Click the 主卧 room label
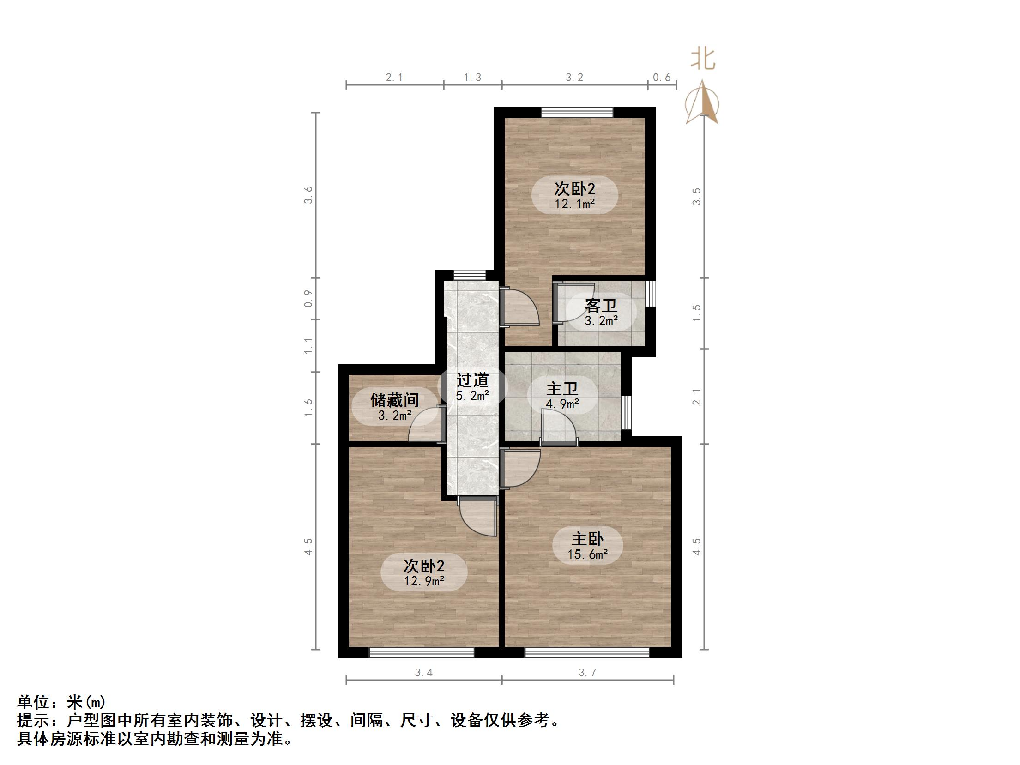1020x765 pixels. click(x=587, y=538)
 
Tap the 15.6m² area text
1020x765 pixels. click(x=587, y=554)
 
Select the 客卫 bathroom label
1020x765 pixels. click(x=601, y=305)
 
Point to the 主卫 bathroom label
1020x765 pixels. click(x=562, y=389)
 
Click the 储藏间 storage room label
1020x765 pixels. click(x=394, y=400)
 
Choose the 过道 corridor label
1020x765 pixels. click(x=472, y=380)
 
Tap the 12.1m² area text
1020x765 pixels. click(x=574, y=204)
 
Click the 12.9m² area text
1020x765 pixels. click(x=424, y=581)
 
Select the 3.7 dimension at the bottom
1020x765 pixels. click(x=587, y=673)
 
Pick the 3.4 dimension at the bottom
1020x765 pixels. click(x=423, y=673)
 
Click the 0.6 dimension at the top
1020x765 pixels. click(x=662, y=78)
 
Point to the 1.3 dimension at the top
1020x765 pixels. click(x=472, y=78)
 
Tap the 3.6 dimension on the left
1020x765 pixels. click(x=308, y=195)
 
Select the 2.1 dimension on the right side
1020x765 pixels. click(x=696, y=397)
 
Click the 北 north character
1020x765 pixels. click(x=703, y=60)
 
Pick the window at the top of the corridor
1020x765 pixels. click(x=470, y=276)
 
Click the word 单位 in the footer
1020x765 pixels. click(x=34, y=702)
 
